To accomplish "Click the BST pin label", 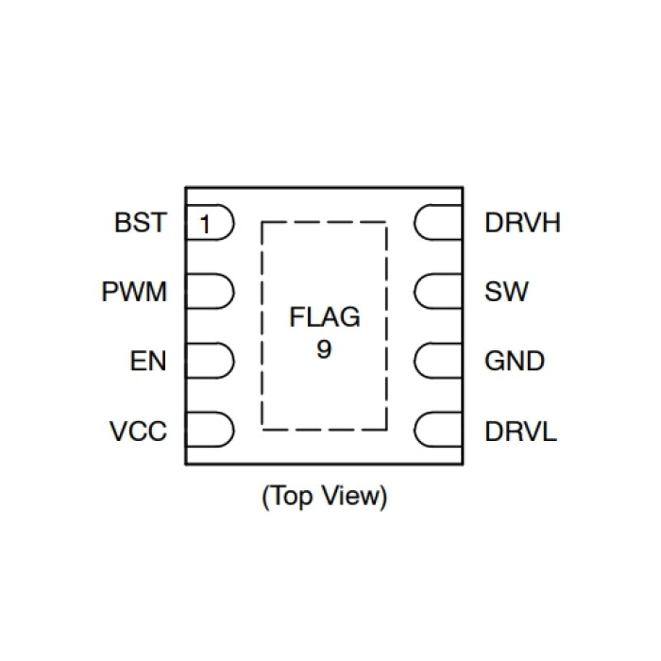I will (140, 224).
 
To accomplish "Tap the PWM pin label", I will (134, 293).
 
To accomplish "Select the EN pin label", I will (148, 362).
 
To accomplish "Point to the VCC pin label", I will (138, 432).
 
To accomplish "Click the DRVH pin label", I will (522, 224).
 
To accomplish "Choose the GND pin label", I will (515, 362).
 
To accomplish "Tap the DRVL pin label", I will (520, 432).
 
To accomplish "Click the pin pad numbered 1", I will (210, 225).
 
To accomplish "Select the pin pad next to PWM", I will (210, 293).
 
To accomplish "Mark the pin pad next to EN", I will (210, 362).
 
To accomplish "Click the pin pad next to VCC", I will (210, 431).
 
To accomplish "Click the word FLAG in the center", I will (324, 317).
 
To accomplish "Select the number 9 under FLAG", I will (324, 348).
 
